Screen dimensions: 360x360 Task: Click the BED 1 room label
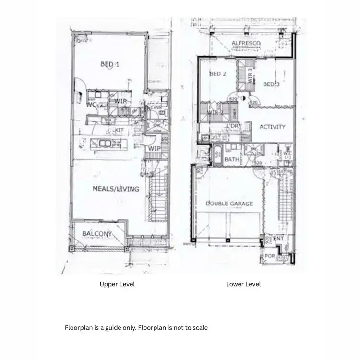click(x=109, y=64)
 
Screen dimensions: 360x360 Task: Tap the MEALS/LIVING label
click(x=116, y=189)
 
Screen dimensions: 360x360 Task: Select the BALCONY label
click(x=97, y=234)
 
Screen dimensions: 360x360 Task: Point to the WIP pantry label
click(x=154, y=149)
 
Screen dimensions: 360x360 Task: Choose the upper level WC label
click(x=92, y=104)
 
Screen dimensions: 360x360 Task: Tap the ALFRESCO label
click(x=246, y=44)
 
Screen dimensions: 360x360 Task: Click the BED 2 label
click(x=217, y=74)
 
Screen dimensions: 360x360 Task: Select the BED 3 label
click(x=271, y=84)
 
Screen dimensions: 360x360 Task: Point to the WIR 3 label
click(x=250, y=75)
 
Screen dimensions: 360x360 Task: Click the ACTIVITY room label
click(x=272, y=127)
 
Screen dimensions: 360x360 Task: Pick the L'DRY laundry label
click(x=235, y=126)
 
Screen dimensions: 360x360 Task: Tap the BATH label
click(x=232, y=159)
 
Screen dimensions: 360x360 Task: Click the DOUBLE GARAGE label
click(x=229, y=204)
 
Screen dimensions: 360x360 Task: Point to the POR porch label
click(x=270, y=256)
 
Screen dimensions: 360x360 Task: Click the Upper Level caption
click(x=117, y=284)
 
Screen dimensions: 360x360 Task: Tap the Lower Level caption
click(x=243, y=284)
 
